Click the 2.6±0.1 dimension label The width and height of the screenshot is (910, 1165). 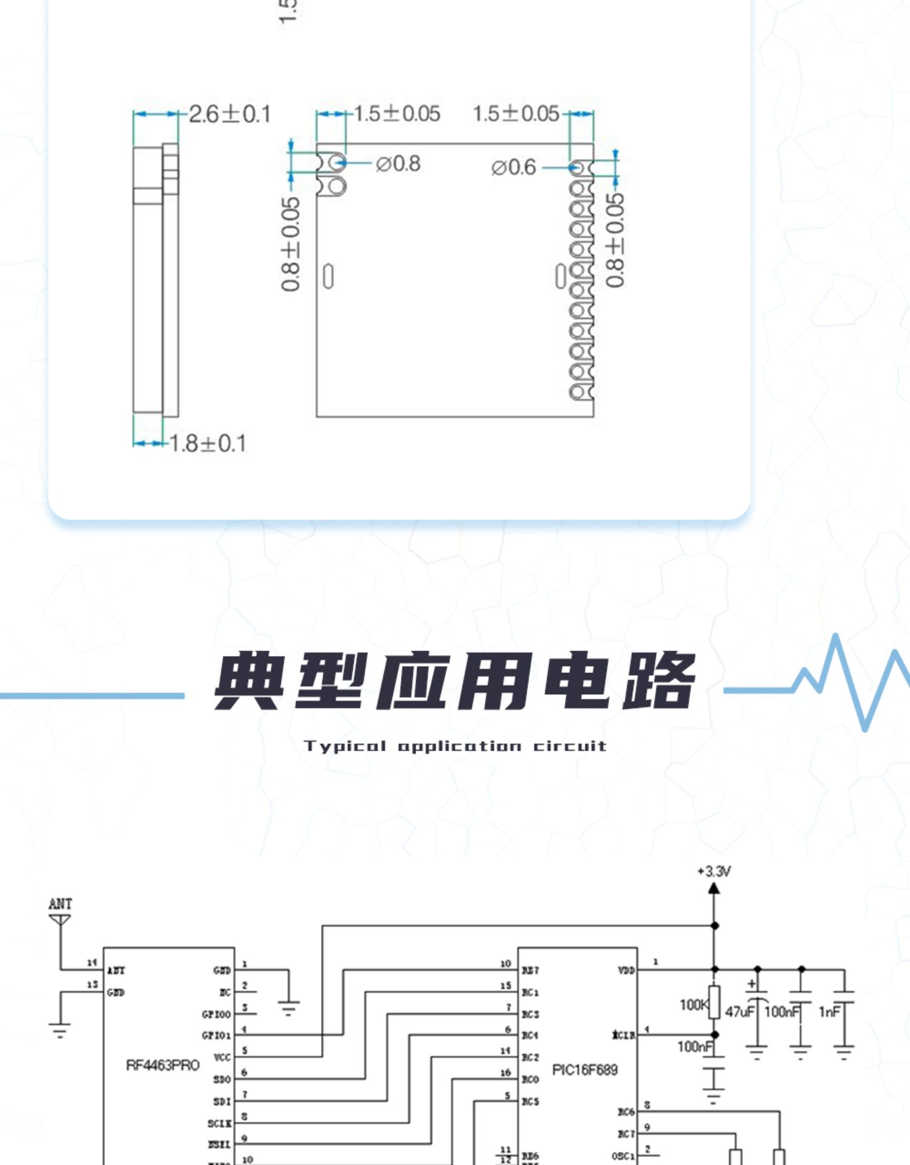230,114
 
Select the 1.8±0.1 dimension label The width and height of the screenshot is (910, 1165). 207,444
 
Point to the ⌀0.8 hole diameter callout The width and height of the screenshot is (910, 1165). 398,164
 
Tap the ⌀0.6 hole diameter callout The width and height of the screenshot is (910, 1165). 513,167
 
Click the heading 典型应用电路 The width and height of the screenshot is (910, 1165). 455,681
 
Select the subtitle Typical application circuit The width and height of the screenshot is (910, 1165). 455,746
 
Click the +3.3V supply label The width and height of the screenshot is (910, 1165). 715,872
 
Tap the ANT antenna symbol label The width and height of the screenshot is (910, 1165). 60,904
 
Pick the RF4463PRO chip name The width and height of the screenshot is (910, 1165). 163,1065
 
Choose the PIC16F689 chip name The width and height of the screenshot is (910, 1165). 585,1070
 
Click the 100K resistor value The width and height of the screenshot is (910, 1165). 693,1005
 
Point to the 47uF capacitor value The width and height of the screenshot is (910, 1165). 740,1011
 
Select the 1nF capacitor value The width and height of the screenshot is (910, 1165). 829,1011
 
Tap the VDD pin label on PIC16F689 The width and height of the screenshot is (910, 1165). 626,971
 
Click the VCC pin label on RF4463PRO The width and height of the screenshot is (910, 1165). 222,1058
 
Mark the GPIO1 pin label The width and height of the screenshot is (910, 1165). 216,1036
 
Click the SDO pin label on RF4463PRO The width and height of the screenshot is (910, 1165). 222,1079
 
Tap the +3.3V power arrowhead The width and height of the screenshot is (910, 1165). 714,888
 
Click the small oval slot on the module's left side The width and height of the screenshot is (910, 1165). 328,277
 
